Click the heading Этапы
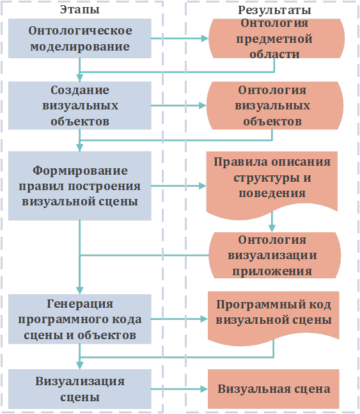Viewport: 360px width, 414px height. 80,10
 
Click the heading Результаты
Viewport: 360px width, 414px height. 274,11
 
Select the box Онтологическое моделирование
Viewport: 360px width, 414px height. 80,38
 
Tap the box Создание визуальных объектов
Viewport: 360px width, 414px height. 80,106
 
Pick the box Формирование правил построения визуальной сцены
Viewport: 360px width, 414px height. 80,186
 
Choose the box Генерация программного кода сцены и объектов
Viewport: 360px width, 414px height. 80,319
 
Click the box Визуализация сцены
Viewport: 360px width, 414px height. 80,389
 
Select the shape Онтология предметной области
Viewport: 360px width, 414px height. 276,38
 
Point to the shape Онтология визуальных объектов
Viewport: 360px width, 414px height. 274,106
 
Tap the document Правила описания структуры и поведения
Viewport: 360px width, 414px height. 272,185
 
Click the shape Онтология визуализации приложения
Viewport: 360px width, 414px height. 274,255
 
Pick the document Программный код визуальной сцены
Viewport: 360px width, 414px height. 274,318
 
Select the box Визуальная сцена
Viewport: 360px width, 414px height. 274,389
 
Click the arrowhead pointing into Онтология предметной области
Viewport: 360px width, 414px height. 205,38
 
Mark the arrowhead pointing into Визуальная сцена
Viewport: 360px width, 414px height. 204,389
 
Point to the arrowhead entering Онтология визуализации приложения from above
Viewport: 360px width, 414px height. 272,228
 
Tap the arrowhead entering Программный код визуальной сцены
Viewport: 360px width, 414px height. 204,319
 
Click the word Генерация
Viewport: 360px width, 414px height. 80,304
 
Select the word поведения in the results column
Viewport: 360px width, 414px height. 272,193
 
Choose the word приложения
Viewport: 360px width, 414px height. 272,271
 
